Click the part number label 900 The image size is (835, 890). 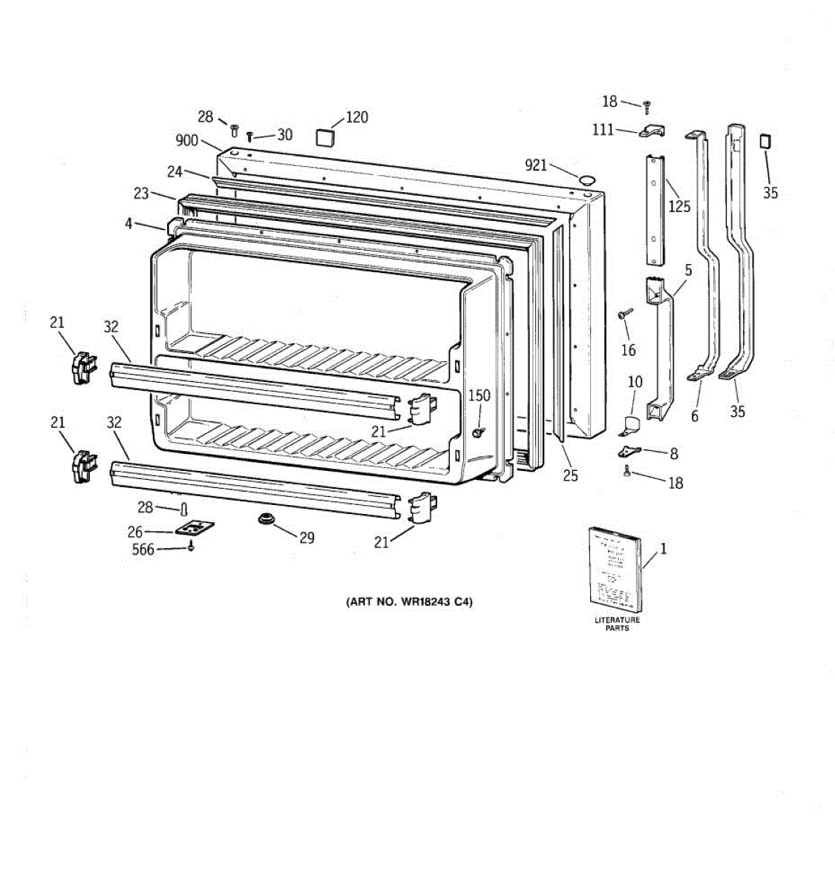click(x=187, y=141)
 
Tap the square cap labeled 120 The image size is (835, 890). click(x=324, y=137)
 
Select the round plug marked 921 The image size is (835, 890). click(x=586, y=179)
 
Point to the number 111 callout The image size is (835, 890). click(x=603, y=130)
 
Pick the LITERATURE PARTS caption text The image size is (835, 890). click(x=617, y=624)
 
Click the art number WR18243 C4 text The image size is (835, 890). click(x=409, y=601)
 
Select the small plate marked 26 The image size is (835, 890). click(x=194, y=529)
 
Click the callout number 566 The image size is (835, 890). click(x=143, y=550)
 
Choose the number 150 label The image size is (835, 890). click(x=479, y=395)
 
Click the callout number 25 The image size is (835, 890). click(x=569, y=475)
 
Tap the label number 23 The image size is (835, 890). click(x=141, y=194)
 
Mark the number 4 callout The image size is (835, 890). click(x=128, y=222)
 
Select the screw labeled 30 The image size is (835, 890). click(x=250, y=136)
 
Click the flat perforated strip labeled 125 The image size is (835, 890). click(x=654, y=209)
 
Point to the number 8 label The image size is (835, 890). click(x=673, y=453)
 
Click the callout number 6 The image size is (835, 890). click(x=695, y=416)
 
